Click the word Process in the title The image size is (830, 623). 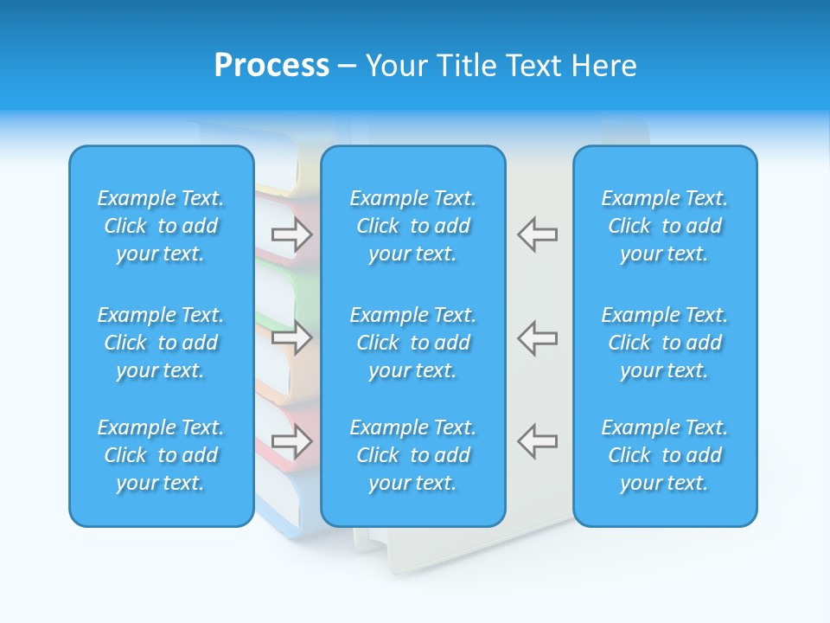pyautogui.click(x=271, y=66)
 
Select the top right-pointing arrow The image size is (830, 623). pyautogui.click(x=291, y=234)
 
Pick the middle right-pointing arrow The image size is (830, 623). pyautogui.click(x=291, y=337)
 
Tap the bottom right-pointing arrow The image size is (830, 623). pyautogui.click(x=291, y=440)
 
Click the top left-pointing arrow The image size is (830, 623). pyautogui.click(x=537, y=234)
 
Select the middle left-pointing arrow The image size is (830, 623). pyautogui.click(x=537, y=337)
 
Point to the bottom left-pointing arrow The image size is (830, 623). pyautogui.click(x=537, y=440)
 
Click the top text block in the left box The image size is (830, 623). pyautogui.click(x=161, y=226)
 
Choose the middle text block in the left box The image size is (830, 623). pyautogui.click(x=161, y=343)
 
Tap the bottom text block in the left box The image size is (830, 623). pyautogui.click(x=161, y=455)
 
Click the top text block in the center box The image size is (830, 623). pyautogui.click(x=413, y=226)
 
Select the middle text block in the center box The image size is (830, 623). pyautogui.click(x=413, y=343)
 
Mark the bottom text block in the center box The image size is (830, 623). pyautogui.click(x=413, y=455)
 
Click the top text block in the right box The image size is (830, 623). pyautogui.click(x=665, y=226)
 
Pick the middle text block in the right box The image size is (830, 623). pyautogui.click(x=665, y=343)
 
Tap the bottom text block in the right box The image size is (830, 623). pyautogui.click(x=665, y=455)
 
